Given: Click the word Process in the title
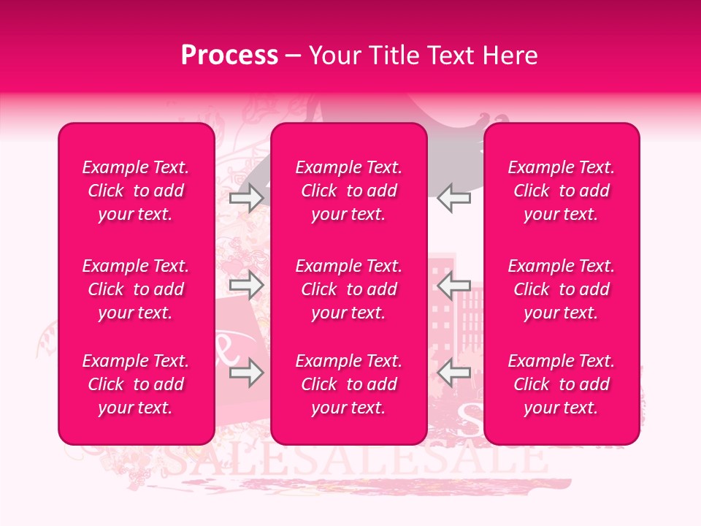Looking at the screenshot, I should point(229,56).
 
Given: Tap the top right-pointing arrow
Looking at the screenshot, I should point(246,198).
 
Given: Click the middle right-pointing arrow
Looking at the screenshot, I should point(246,286).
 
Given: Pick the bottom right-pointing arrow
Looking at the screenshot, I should point(246,373).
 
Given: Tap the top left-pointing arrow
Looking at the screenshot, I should point(453,198).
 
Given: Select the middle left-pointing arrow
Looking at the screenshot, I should point(453,286).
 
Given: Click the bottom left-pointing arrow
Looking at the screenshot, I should point(453,373).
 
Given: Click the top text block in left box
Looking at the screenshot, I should point(136,191).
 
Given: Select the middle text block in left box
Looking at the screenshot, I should point(136,289).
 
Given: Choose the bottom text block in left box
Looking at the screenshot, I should point(136,384).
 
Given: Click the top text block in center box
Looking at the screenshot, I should point(348,191).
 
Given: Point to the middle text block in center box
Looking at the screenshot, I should point(348,289).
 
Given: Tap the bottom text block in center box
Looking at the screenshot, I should point(348,384).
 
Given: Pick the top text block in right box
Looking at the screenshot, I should point(561,191).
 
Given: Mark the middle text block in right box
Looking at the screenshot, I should point(561,289).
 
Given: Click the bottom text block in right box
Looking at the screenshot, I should point(561,384).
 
